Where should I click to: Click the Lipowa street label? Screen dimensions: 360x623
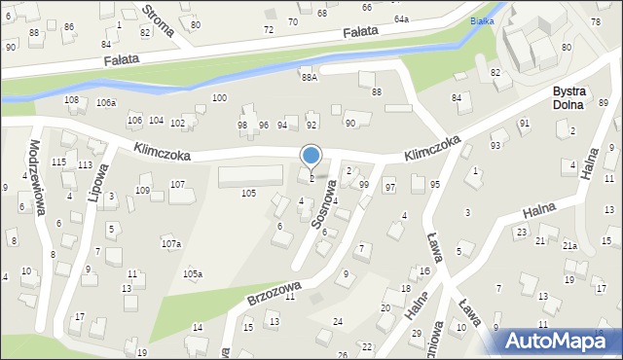[96, 181]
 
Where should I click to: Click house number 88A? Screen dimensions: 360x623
[310, 77]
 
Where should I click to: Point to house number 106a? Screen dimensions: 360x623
[106, 103]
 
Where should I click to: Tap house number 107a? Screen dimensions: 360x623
[170, 243]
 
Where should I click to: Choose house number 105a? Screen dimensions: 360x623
[193, 274]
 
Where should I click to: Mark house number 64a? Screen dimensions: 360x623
[401, 18]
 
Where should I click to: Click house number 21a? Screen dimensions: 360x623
[569, 246]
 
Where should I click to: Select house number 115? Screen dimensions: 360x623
[58, 162]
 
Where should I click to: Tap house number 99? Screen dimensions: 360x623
[363, 185]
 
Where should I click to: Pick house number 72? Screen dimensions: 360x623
[269, 30]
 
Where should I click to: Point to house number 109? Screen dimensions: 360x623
[143, 191]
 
